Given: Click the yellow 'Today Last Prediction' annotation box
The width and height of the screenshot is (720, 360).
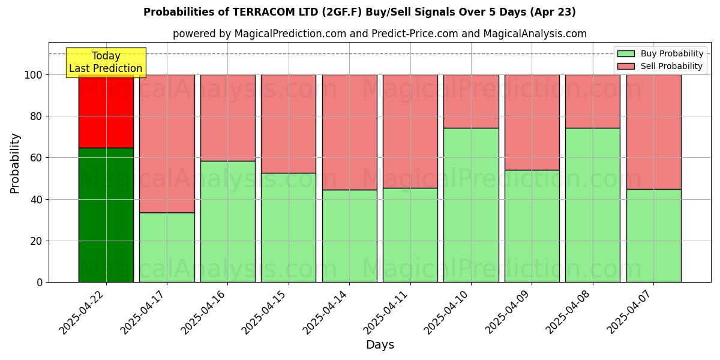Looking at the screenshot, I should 106,62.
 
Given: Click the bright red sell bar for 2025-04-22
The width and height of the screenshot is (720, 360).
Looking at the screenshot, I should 106,111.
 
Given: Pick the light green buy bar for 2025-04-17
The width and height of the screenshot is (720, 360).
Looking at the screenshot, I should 167,247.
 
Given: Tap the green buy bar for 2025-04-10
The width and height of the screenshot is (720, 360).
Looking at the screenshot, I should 471,205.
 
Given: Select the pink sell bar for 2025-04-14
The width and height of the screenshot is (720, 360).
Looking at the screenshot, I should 349,132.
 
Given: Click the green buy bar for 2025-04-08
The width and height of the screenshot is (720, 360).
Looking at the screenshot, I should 592,205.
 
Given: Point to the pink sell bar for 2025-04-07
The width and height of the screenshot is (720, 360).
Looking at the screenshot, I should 653,132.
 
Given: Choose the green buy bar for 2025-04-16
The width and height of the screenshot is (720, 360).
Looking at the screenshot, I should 227,221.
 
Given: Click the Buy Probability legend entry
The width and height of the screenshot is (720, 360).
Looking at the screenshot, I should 659,54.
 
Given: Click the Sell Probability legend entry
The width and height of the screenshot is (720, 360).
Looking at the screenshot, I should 659,67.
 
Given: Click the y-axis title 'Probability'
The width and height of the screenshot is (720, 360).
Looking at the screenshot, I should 15,163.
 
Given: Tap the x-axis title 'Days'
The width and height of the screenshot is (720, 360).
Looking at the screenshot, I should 380,345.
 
